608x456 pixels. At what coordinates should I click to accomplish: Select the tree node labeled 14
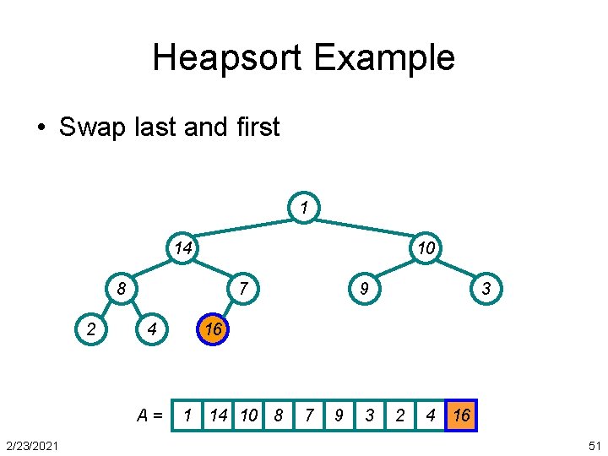tap(182, 247)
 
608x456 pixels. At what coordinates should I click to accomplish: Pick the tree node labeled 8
tap(122, 289)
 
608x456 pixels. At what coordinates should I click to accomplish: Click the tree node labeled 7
tap(242, 289)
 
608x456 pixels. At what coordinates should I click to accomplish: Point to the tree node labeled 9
tap(362, 289)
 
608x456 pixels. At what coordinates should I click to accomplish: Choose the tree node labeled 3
tap(486, 289)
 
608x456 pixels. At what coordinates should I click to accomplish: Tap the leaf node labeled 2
tap(91, 329)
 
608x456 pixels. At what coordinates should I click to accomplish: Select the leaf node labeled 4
tap(151, 329)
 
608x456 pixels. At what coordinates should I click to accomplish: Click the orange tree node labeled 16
tap(213, 329)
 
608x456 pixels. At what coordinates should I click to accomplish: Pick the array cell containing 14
tap(219, 415)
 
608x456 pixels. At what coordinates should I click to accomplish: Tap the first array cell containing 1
tap(187, 415)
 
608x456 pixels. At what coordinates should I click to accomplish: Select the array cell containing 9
tap(339, 415)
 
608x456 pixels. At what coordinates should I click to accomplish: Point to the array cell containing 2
tap(400, 415)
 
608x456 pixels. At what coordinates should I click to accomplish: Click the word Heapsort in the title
tap(228, 58)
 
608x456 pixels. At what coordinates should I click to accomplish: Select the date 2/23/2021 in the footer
tap(31, 445)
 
